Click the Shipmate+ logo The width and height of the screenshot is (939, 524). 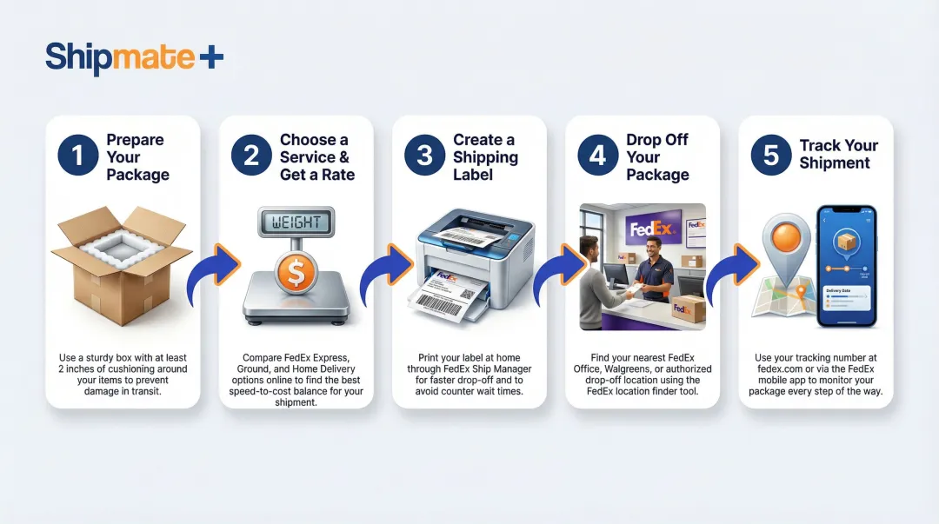134,57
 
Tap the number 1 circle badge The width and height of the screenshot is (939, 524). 78,156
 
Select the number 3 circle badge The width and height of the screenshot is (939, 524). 424,156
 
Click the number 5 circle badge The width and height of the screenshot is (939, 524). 771,156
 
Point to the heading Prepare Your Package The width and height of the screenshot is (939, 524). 137,157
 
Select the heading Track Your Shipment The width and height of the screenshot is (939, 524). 838,154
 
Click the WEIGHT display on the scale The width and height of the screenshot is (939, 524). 296,223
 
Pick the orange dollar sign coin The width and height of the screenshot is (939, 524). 296,275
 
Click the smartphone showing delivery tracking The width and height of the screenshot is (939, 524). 845,267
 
